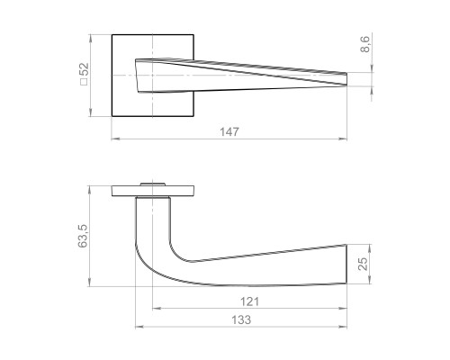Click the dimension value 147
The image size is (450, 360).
point(229,132)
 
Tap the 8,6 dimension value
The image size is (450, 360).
point(365,45)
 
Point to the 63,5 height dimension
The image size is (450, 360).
point(84,236)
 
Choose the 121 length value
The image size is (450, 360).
point(238,301)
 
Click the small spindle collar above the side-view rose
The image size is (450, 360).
point(152,184)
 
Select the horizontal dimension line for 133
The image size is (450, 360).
point(180,326)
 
